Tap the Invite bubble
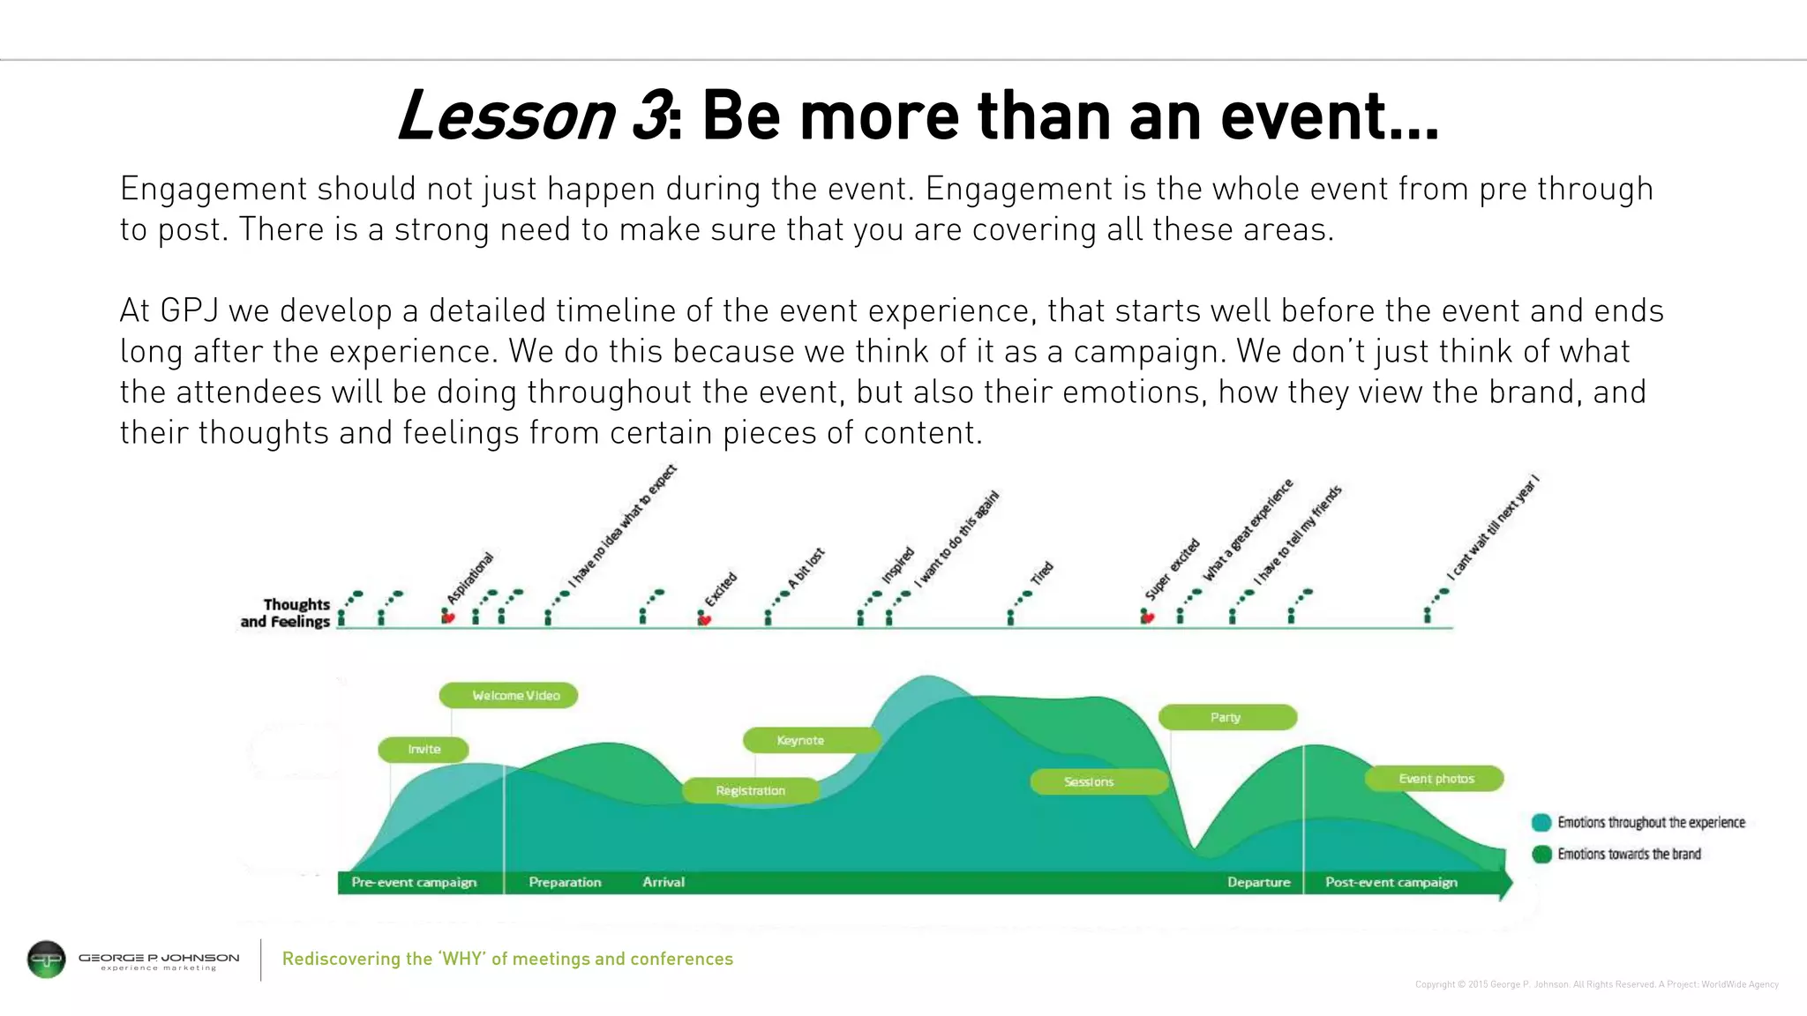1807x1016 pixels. [424, 750]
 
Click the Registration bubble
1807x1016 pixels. [751, 791]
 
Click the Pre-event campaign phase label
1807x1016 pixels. [414, 882]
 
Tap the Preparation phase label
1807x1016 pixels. [565, 882]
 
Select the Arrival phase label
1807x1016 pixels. [664, 882]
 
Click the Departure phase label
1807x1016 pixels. [1258, 882]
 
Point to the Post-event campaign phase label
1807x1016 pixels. [1391, 882]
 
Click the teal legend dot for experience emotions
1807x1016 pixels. [1541, 823]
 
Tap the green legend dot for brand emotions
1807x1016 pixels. [1541, 854]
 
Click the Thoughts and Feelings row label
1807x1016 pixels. [286, 613]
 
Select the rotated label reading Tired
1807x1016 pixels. [1042, 573]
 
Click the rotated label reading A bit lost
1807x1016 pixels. [806, 569]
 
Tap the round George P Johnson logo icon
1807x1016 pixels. [47, 960]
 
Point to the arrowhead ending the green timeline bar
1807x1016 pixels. [1506, 883]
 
